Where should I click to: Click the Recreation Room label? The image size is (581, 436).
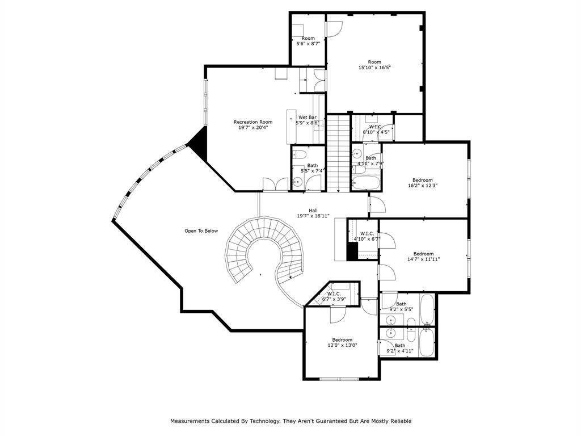point(253,125)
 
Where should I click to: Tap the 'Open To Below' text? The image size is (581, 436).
point(201,231)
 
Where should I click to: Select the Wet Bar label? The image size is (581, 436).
point(308,120)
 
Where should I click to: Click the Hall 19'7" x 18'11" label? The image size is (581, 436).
point(313,213)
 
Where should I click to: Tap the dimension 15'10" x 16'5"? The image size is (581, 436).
point(374,68)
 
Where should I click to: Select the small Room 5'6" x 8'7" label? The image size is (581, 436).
point(308,41)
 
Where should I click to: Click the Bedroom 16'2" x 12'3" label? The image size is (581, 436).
point(422,183)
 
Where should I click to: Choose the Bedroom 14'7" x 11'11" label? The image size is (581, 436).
point(423,257)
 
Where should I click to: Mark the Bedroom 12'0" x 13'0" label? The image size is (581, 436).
point(342,342)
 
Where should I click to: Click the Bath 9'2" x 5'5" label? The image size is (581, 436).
point(401,307)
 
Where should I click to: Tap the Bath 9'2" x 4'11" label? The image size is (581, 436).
point(399,348)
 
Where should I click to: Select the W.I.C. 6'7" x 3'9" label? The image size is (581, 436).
point(334,296)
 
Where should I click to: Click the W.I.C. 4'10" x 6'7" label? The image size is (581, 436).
point(366,236)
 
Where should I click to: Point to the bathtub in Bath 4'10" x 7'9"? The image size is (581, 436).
point(366,183)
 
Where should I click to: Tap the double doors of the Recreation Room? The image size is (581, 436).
point(275,185)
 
